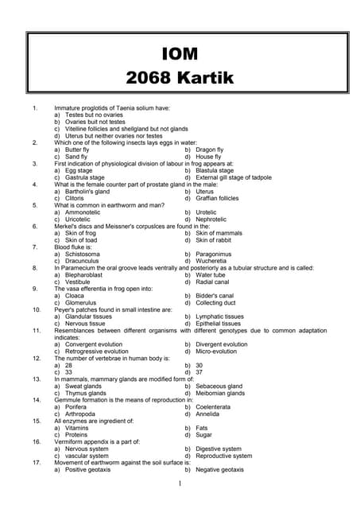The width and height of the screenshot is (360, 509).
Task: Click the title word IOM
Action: pos(179,54)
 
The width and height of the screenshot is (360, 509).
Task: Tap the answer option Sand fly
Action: pos(77,156)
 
